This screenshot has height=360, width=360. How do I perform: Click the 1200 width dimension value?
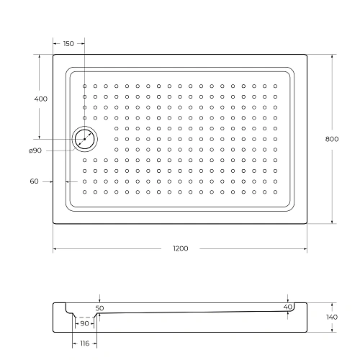click(180, 249)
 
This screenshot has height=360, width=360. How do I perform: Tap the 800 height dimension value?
click(331, 138)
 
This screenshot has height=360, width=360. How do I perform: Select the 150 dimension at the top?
click(68, 44)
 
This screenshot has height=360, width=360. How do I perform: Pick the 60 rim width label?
click(34, 181)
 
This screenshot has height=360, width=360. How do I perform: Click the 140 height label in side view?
click(331, 318)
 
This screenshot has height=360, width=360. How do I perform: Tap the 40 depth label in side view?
click(288, 307)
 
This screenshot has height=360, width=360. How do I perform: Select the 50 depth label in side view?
click(99, 307)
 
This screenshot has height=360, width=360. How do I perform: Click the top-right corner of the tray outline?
click(307, 54)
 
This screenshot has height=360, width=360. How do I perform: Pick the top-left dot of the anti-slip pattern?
click(84, 86)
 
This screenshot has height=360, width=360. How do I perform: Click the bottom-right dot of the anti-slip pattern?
click(275, 192)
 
